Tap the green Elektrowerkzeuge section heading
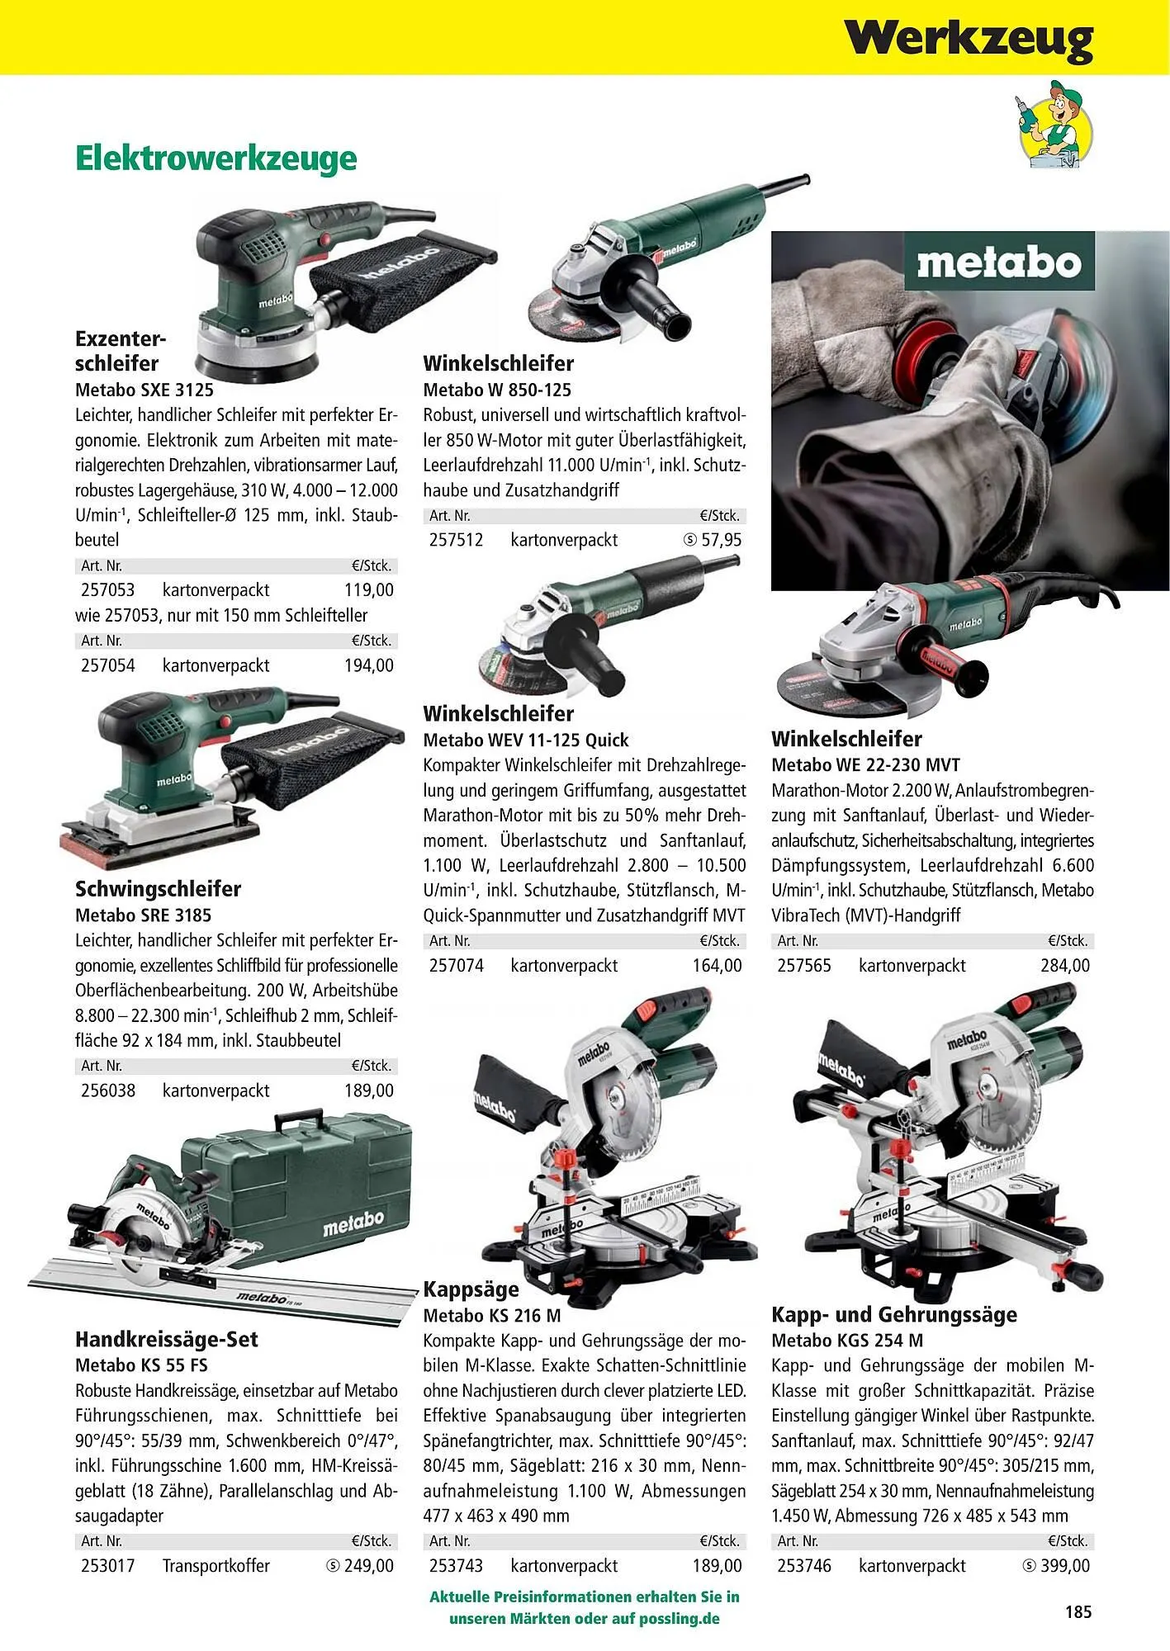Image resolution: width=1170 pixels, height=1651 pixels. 216,158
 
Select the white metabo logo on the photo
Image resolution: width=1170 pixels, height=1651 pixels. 999,263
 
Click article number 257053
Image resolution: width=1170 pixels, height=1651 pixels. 108,590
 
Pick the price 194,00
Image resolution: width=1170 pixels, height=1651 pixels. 369,665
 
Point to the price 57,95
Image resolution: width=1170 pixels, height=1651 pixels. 721,540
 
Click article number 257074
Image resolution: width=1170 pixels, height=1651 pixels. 457,965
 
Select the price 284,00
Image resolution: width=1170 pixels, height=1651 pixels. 1065,965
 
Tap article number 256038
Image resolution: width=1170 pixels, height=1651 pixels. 108,1090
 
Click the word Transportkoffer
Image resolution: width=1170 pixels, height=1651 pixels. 216,1565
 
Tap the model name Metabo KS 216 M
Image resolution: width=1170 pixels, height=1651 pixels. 492,1315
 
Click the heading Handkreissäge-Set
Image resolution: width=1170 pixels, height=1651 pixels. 167,1339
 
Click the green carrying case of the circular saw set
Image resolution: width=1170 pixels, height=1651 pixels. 297,1180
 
